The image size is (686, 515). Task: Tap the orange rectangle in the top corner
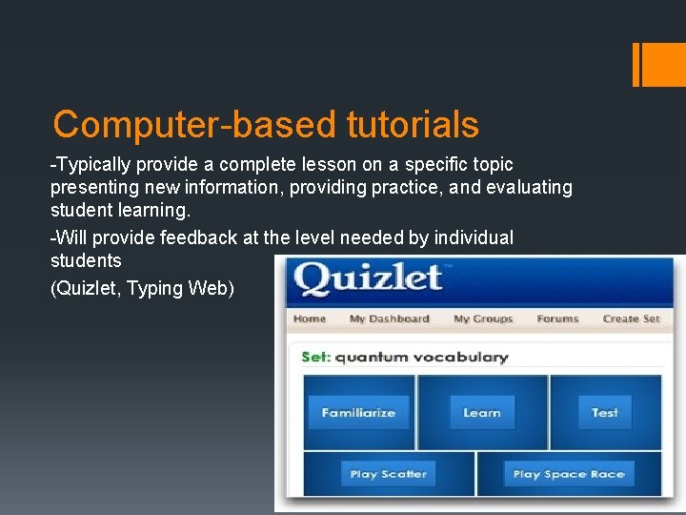656,64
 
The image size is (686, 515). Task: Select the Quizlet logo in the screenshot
368,279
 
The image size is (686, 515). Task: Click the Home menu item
310,319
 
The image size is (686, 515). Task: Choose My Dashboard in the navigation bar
389,319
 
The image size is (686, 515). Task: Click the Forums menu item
557,319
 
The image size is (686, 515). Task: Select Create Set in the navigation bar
631,319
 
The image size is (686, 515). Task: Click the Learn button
482,413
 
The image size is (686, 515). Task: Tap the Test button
605,413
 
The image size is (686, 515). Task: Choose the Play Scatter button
388,474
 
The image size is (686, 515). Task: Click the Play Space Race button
569,474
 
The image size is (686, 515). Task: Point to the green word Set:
315,358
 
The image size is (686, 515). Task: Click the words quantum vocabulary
421,358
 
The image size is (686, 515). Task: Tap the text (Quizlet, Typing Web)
142,288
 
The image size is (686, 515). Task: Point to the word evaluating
528,188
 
